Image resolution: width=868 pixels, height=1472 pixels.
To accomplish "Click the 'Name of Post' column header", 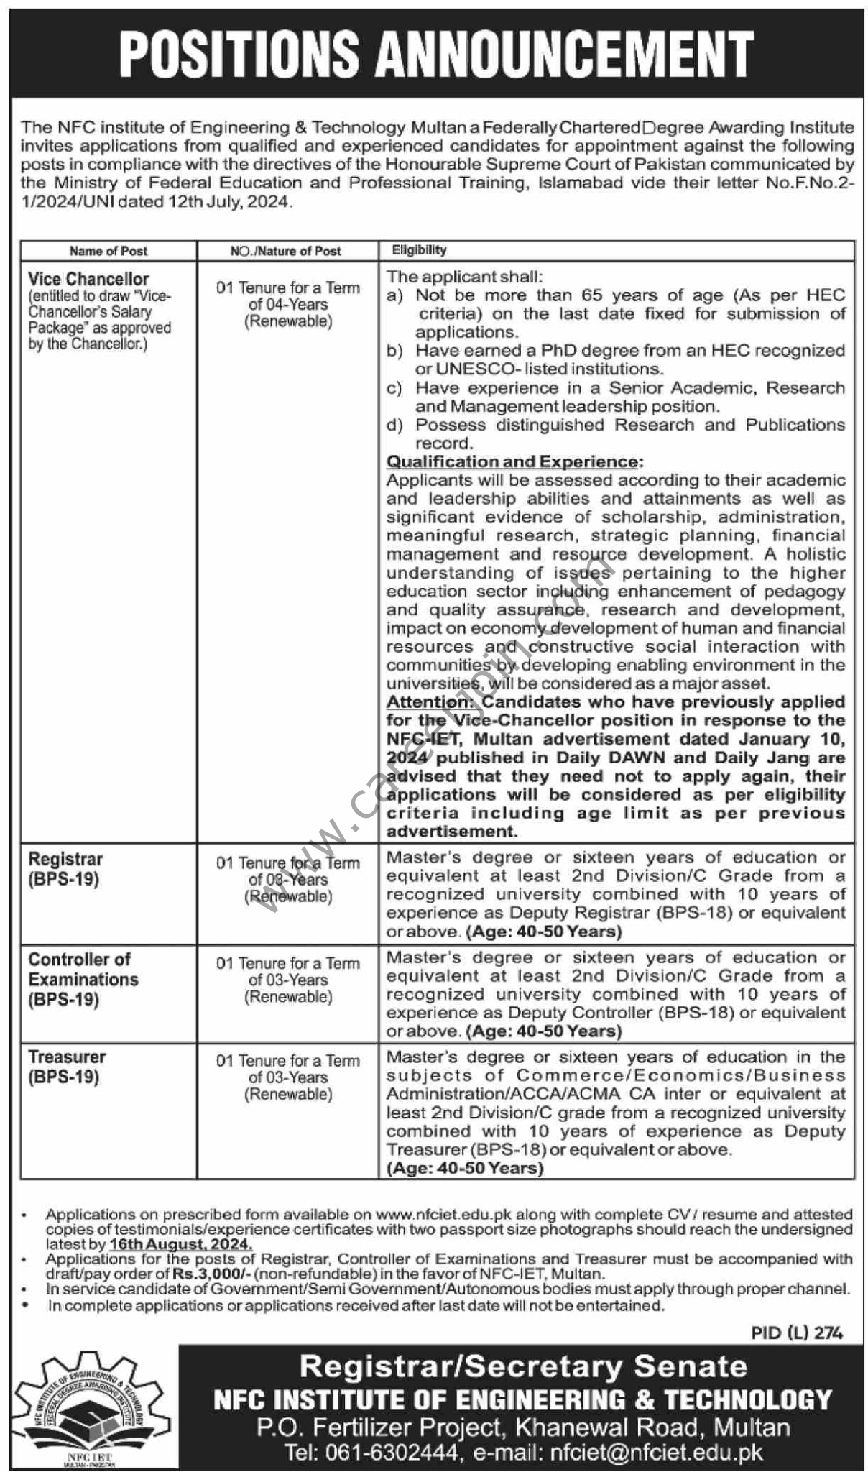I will click(x=108, y=251).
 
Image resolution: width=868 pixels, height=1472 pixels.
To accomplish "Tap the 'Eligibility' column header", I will click(x=419, y=250).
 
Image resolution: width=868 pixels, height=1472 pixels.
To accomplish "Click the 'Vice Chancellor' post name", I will click(x=89, y=279).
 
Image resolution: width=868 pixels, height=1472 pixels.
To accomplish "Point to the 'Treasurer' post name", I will click(x=68, y=1057).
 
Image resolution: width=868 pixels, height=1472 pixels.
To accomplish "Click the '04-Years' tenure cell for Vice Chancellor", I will click(x=287, y=305).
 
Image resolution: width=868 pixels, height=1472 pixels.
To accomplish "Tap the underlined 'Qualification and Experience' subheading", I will click(x=514, y=461).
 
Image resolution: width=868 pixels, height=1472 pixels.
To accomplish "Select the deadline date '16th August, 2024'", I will click(x=180, y=1244).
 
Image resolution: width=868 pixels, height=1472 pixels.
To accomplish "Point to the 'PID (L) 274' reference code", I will click(x=797, y=1333).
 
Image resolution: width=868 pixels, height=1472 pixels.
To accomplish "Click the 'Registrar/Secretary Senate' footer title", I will click(x=522, y=1366).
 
